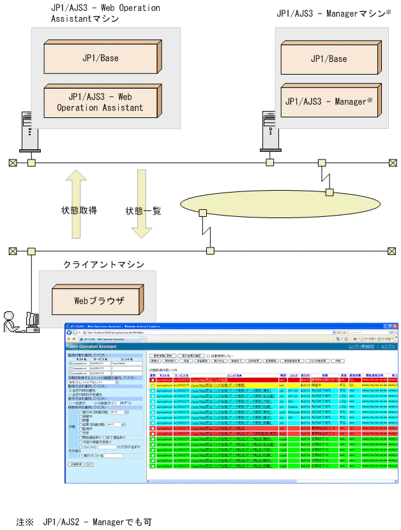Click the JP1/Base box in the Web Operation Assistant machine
[x=100, y=58]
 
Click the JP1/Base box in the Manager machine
[x=328, y=59]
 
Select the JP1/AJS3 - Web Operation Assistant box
[x=100, y=102]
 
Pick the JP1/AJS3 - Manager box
[x=328, y=101]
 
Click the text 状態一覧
[x=143, y=211]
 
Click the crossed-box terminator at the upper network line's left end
[x=12, y=162]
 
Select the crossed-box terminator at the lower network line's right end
[x=391, y=251]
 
